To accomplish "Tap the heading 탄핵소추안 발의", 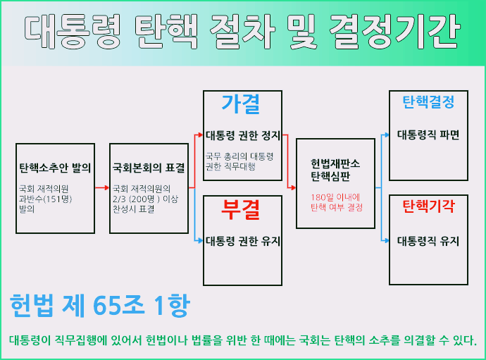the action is coord(55,168).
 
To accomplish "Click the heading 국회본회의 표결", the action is coord(149,168).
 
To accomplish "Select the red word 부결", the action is coord(241,209).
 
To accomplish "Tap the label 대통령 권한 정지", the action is coord(243,135).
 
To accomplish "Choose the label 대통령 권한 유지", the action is coord(243,241).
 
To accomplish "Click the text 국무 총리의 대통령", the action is coord(239,156).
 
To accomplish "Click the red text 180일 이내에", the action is coord(335,197).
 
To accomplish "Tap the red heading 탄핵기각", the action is coord(428,206).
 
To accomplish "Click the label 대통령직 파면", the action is coord(428,135).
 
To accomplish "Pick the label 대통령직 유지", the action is coord(428,241).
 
